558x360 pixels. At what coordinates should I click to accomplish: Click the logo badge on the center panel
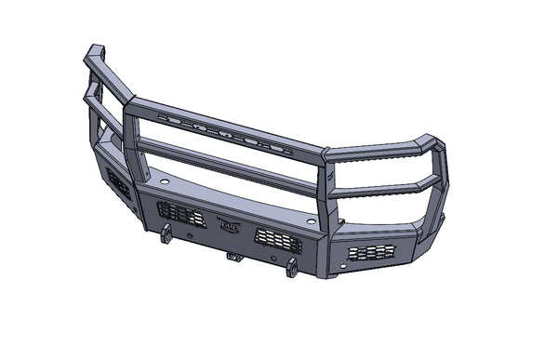coord(229,224)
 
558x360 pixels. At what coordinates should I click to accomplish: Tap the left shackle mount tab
coord(165,233)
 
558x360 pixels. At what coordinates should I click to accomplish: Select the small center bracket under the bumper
coord(233,255)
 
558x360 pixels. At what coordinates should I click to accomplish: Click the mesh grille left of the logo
coord(180,214)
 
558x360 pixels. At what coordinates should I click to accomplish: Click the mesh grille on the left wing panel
coord(118,183)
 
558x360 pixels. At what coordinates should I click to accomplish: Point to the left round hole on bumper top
coord(165,182)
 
